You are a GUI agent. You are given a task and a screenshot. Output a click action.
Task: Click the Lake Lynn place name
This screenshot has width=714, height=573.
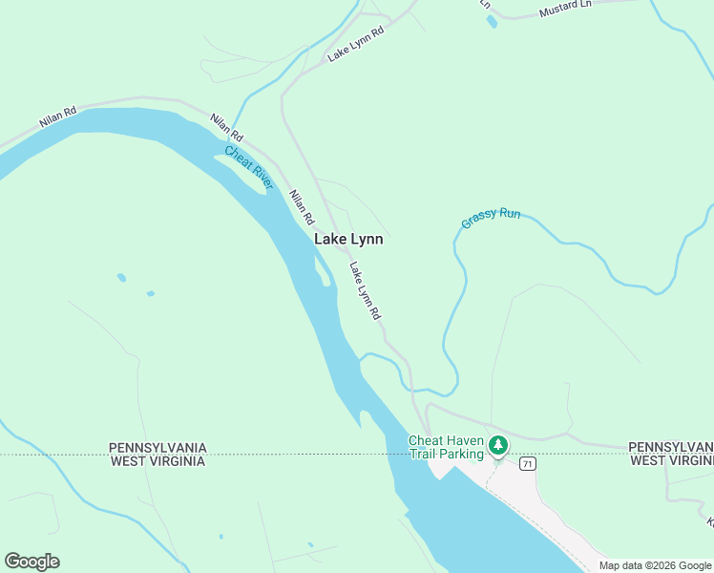click(348, 240)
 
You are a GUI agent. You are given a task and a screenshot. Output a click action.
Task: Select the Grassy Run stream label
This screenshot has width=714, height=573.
click(491, 218)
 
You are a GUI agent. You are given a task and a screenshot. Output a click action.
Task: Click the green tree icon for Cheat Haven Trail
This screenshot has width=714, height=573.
click(497, 445)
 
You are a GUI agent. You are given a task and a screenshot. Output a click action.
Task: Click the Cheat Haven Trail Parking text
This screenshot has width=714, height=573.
click(446, 447)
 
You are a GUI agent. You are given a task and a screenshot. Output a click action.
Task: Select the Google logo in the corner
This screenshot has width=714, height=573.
click(31, 562)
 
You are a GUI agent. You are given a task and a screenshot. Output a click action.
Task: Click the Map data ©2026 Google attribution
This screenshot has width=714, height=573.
click(655, 565)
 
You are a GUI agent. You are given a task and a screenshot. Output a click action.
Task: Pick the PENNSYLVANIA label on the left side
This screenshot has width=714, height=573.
click(157, 447)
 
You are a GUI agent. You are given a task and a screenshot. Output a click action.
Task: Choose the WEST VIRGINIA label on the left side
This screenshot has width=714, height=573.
click(157, 461)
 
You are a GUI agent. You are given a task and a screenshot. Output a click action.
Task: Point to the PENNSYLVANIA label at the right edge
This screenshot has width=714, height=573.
click(670, 447)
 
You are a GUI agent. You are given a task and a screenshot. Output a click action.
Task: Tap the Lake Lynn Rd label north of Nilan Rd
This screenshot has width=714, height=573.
click(355, 44)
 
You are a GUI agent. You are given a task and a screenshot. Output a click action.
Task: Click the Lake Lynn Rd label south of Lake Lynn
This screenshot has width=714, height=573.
click(366, 290)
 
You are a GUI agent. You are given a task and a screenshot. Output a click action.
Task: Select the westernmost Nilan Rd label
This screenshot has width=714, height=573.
click(56, 118)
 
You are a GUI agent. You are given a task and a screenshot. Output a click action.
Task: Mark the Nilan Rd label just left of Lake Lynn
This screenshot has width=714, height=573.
click(302, 206)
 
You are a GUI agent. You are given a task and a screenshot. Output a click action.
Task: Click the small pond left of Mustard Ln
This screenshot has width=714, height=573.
click(491, 22)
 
